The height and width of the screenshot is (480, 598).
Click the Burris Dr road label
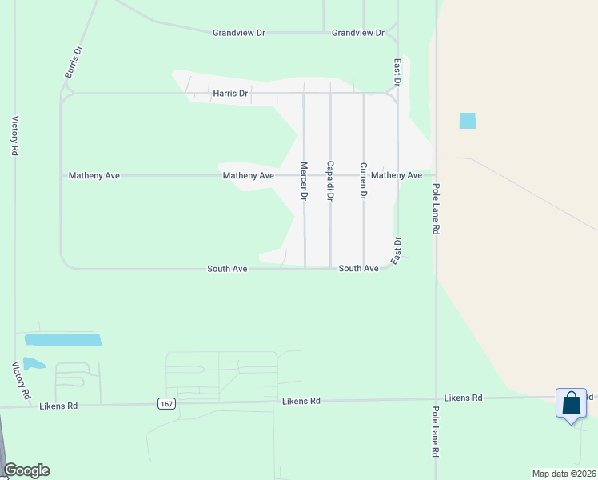point(73,62)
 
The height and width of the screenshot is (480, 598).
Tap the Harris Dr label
point(230,94)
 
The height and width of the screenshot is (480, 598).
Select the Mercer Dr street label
point(304,180)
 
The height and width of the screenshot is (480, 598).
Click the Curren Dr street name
point(363,180)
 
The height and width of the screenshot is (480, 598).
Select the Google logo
point(26,470)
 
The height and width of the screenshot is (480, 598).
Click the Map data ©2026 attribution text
point(564,474)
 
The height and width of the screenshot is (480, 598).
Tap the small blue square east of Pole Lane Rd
point(468,121)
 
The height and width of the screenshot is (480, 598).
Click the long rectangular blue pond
point(63,340)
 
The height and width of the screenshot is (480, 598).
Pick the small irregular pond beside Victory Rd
point(34,364)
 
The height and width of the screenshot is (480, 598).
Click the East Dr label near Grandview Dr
point(397,71)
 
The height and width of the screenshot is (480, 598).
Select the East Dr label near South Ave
point(397,250)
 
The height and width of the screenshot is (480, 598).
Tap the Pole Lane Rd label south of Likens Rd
point(436,431)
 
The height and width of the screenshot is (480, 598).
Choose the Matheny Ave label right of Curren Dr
point(397,175)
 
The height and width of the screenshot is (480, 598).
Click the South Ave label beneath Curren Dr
point(358,269)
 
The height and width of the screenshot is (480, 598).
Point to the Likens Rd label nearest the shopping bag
point(464,398)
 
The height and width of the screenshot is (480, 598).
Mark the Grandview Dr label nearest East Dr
point(358,33)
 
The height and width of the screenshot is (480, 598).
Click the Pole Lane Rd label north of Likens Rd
point(436,208)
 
